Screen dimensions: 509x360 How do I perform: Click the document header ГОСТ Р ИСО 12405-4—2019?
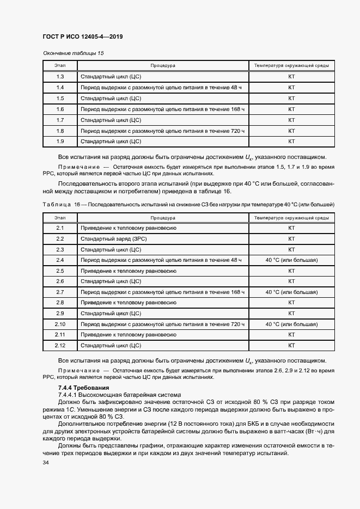click(x=82, y=36)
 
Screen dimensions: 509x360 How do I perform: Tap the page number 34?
click(x=45, y=462)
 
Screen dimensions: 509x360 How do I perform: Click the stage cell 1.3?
click(x=60, y=77)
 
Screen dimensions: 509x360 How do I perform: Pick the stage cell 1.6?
click(x=60, y=109)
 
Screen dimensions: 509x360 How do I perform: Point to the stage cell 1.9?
click(x=60, y=142)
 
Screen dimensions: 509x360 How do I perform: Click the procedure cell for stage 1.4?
click(x=161, y=88)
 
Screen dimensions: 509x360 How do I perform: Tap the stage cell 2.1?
click(x=60, y=228)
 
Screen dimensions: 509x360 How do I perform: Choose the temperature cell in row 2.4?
click(x=291, y=260)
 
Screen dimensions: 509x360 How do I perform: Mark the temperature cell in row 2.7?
click(x=291, y=292)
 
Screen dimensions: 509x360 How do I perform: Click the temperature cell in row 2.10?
click(x=291, y=324)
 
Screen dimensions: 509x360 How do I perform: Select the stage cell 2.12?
click(x=60, y=346)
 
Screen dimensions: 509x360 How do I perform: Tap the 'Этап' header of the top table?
click(x=60, y=66)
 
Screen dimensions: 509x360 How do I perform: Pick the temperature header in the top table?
click(x=291, y=66)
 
